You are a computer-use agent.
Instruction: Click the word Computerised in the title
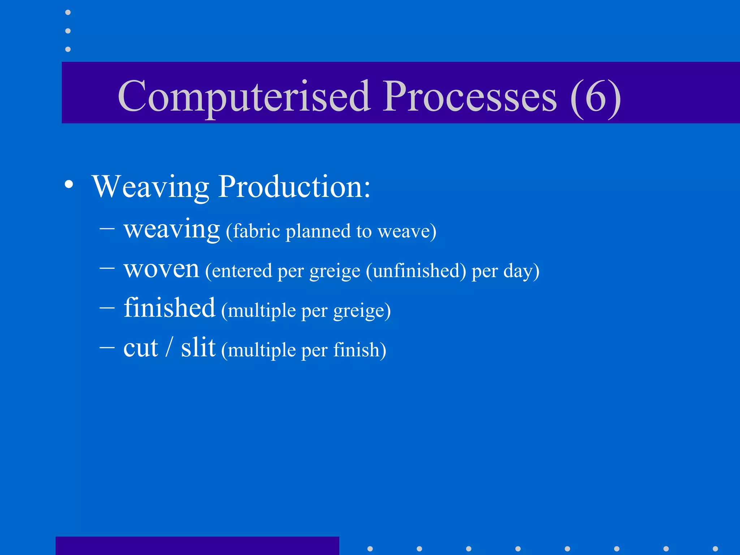(x=244, y=97)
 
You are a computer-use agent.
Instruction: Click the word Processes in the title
(x=470, y=97)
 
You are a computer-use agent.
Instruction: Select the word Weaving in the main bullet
(x=150, y=187)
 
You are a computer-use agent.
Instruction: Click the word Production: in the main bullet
(x=294, y=187)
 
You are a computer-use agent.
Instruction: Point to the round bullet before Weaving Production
(x=69, y=185)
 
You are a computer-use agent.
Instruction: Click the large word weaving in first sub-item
(x=172, y=229)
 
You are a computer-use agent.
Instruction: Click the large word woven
(x=161, y=269)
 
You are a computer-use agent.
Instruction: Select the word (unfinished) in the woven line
(x=416, y=271)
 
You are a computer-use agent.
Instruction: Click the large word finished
(x=169, y=308)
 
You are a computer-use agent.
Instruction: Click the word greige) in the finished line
(x=362, y=311)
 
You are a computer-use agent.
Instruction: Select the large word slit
(x=198, y=347)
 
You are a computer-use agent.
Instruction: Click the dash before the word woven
(x=107, y=268)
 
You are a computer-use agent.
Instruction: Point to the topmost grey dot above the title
(x=68, y=13)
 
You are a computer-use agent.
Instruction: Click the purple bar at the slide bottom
(x=197, y=546)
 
